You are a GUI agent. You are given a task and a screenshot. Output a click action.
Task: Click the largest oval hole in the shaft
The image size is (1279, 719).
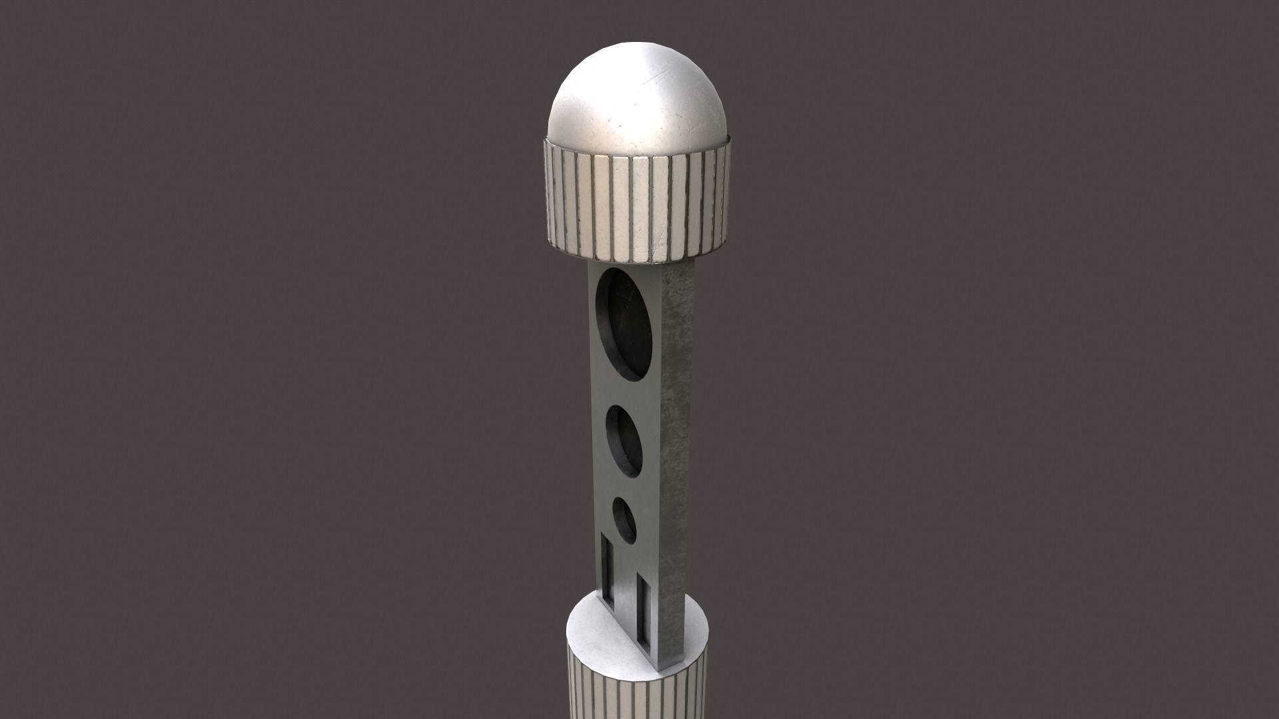(x=624, y=324)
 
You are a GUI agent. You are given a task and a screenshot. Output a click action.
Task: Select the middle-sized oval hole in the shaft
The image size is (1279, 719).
(x=625, y=441)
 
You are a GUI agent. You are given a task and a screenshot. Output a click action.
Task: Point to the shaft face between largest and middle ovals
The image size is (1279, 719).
(x=623, y=393)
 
